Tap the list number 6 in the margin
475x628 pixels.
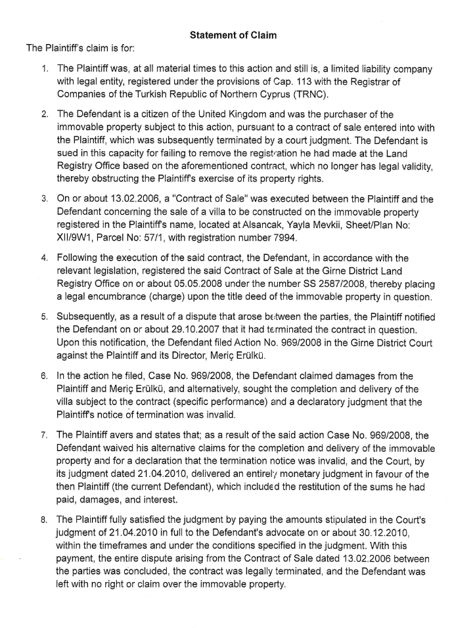pyautogui.click(x=43, y=376)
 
